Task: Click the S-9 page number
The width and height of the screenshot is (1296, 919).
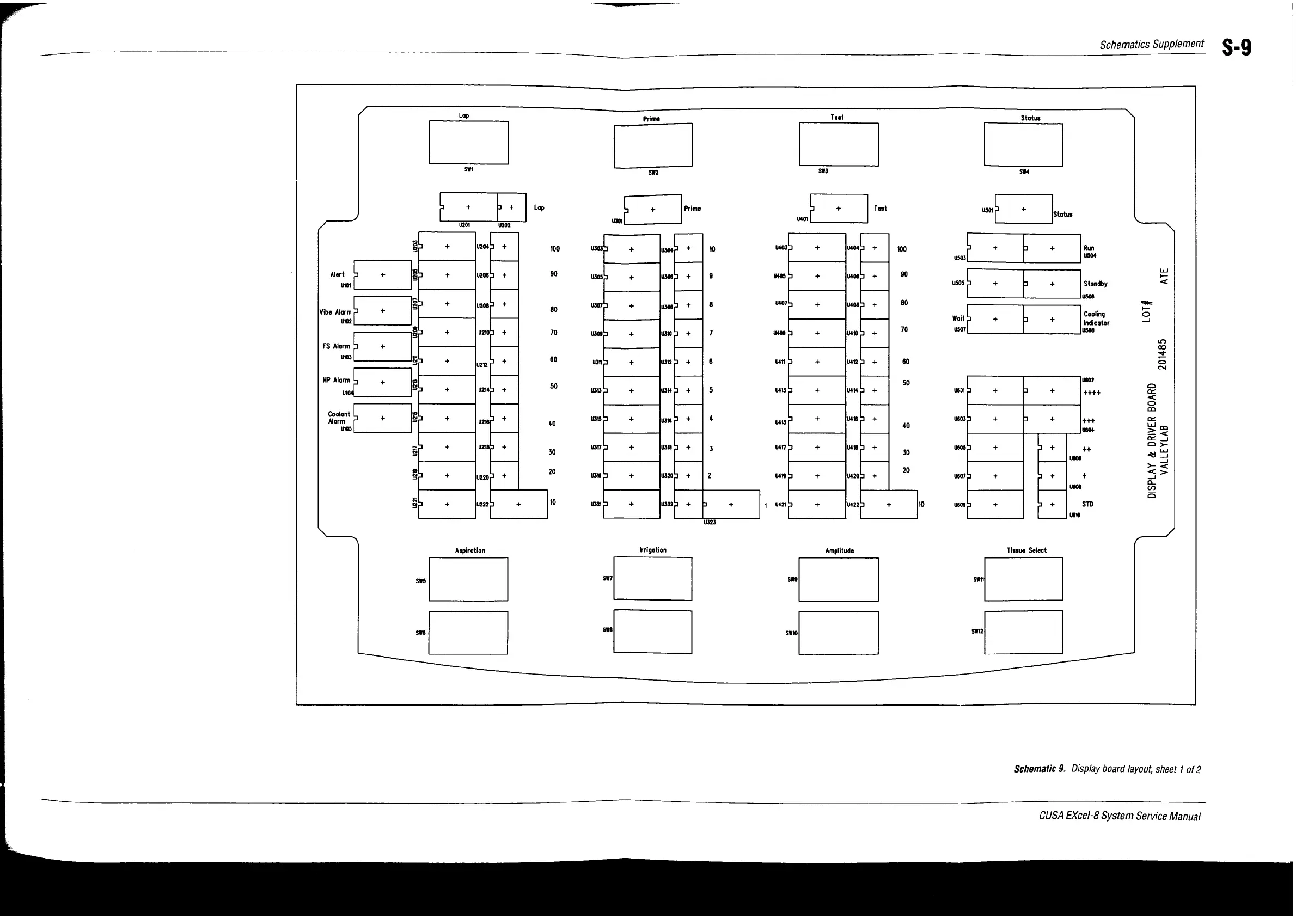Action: tap(1236, 47)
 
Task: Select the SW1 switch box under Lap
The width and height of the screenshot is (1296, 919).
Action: tap(468, 143)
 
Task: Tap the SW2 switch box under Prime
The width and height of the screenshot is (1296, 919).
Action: tap(652, 145)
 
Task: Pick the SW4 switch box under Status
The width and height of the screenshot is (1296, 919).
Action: tap(1023, 144)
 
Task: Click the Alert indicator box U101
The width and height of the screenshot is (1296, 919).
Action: tap(383, 275)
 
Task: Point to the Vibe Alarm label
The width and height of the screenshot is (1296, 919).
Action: tap(335, 313)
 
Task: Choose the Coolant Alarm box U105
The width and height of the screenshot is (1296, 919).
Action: tap(383, 418)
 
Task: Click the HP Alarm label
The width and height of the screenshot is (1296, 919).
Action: tap(336, 380)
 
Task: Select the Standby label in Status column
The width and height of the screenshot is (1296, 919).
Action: tap(1095, 284)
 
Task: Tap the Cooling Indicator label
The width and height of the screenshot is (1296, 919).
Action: tap(1096, 318)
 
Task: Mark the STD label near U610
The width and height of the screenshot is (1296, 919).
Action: tap(1087, 504)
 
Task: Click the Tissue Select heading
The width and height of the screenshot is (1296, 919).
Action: tap(1026, 550)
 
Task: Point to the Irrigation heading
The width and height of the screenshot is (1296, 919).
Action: tap(652, 550)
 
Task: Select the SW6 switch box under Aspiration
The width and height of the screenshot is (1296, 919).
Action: tap(468, 633)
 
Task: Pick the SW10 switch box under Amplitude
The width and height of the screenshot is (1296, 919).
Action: tap(838, 633)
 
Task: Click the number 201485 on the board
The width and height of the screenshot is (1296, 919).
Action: tap(1163, 354)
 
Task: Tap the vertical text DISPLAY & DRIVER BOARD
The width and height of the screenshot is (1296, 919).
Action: tap(1152, 441)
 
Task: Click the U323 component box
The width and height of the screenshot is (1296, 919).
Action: tap(731, 504)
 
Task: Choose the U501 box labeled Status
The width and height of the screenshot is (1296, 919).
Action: tap(1023, 210)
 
